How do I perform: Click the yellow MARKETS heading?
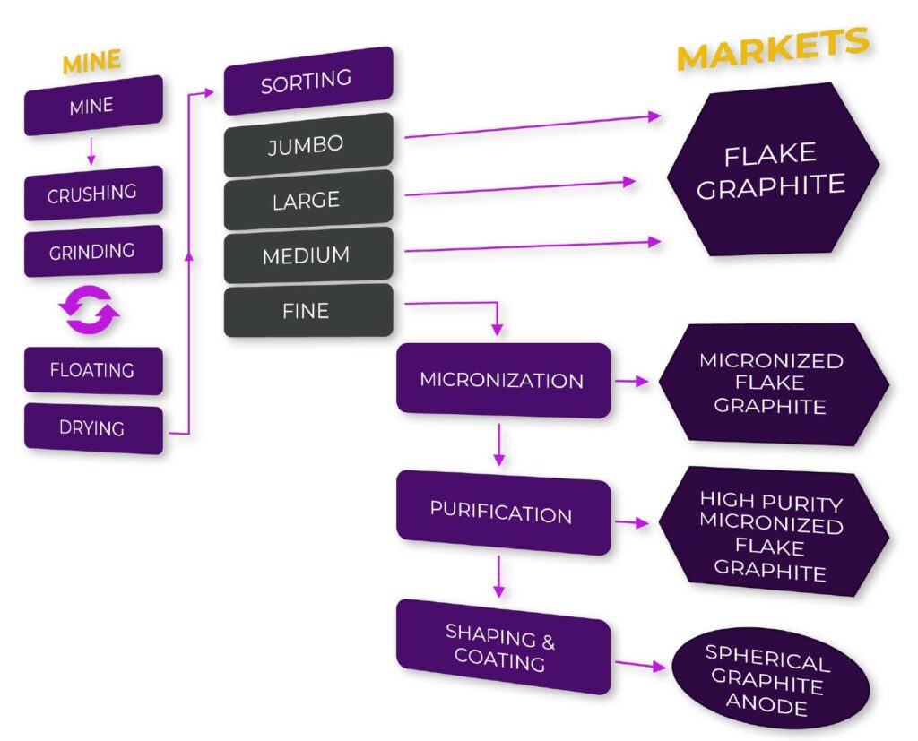click(x=772, y=48)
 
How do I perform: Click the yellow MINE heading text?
click(x=91, y=63)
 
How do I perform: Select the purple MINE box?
click(x=92, y=106)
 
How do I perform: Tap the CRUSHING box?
click(x=92, y=193)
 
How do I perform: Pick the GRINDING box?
click(x=92, y=251)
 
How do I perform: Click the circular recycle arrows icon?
click(x=90, y=311)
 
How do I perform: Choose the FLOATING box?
click(x=92, y=370)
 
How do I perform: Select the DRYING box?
click(x=92, y=428)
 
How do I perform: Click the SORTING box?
click(x=307, y=82)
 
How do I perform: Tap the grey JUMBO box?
click(x=307, y=144)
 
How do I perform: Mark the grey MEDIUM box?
click(x=307, y=256)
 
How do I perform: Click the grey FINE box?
click(x=307, y=311)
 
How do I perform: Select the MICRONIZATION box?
click(x=503, y=380)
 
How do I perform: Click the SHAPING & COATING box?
click(x=502, y=649)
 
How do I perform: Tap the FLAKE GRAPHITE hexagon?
click(x=772, y=170)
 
